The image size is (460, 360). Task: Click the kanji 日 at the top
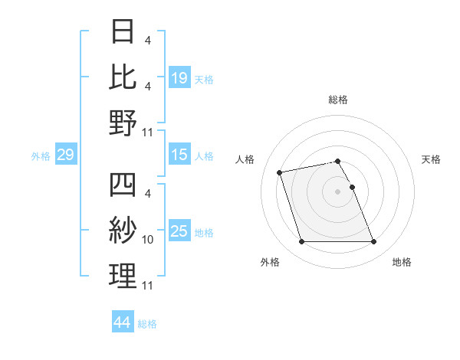point(123,33)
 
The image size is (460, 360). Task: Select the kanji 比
point(123,77)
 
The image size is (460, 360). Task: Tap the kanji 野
point(123,123)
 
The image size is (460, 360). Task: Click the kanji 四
point(123,186)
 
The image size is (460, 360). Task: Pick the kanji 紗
point(123,231)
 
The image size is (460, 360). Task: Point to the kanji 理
point(123,276)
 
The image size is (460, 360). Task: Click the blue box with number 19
point(179,78)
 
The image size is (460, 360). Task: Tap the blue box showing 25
point(179,231)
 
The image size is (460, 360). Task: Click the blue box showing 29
point(65,155)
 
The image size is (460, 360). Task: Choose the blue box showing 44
point(122,322)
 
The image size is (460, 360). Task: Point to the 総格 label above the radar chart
point(338,100)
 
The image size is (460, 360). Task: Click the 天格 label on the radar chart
point(432,159)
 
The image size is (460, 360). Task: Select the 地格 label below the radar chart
point(402,263)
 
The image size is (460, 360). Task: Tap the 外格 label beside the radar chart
point(270,263)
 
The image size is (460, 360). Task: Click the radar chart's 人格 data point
point(280,172)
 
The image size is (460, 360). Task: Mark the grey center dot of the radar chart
point(338,191)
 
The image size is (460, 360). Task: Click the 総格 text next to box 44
point(147,324)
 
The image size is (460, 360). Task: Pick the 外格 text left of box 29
point(41,156)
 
